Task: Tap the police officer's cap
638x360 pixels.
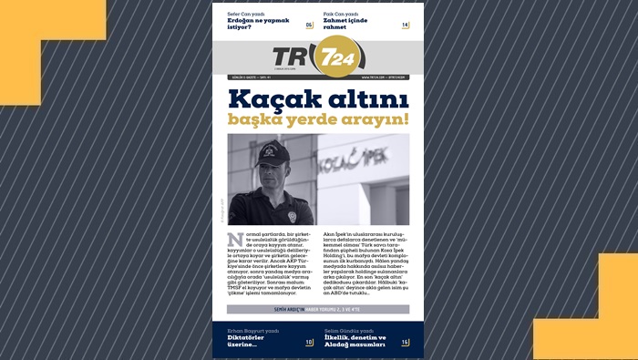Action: (x=271, y=151)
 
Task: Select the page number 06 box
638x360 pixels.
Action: (x=309, y=25)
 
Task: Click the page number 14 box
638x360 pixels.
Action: (x=405, y=25)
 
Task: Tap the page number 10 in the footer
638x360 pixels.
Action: (x=309, y=343)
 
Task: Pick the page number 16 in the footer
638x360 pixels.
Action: (x=405, y=343)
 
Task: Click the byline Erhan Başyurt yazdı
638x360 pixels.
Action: (x=252, y=330)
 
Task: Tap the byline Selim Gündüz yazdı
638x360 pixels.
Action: (x=349, y=330)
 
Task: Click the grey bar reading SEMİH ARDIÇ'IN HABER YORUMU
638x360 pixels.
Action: (x=318, y=309)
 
